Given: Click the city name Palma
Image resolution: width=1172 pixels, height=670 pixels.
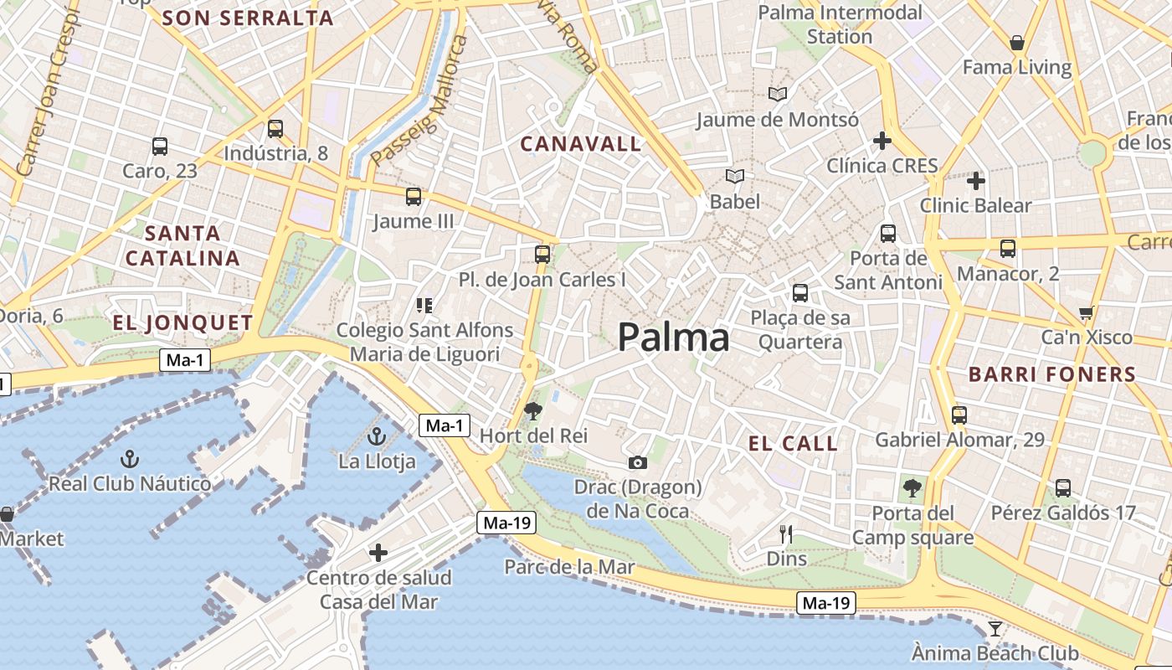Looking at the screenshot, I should [x=674, y=338].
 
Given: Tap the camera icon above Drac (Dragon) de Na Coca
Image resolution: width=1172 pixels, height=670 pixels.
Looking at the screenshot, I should [x=638, y=462].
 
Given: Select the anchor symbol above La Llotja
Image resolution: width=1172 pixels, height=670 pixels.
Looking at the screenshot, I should [x=377, y=436].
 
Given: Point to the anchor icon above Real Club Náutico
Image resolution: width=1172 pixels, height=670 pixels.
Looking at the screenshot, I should [x=130, y=458].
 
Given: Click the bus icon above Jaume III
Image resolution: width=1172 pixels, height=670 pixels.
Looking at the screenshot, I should [x=414, y=197].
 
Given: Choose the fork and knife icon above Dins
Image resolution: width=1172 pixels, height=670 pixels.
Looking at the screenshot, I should [x=786, y=533].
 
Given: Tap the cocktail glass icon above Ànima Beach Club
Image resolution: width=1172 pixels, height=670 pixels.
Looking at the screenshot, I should [x=995, y=628].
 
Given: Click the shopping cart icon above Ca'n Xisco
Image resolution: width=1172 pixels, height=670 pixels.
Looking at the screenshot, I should [x=1087, y=313].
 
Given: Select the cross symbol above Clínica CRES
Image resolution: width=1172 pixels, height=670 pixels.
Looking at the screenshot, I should [x=882, y=141].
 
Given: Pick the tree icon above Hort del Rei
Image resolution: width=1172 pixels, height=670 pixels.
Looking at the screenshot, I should [x=532, y=410].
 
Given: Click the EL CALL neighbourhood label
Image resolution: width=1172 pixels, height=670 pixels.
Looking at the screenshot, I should [x=794, y=444].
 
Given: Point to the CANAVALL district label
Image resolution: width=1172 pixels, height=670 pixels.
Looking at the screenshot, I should [x=581, y=144].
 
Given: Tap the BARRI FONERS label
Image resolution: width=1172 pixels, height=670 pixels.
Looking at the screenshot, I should [x=1052, y=374].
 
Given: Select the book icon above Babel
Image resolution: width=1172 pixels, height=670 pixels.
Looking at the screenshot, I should [x=735, y=177].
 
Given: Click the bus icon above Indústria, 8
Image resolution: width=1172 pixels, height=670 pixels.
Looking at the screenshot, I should [x=275, y=129].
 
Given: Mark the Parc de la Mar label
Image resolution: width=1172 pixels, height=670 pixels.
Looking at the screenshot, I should [x=569, y=567].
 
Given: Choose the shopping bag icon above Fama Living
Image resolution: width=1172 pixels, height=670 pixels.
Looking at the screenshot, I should [x=1017, y=43].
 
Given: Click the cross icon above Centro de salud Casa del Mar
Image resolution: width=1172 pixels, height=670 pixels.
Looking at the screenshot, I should [x=378, y=553].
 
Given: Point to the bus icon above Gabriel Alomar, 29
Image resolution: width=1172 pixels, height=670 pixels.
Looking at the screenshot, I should [x=959, y=415].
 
